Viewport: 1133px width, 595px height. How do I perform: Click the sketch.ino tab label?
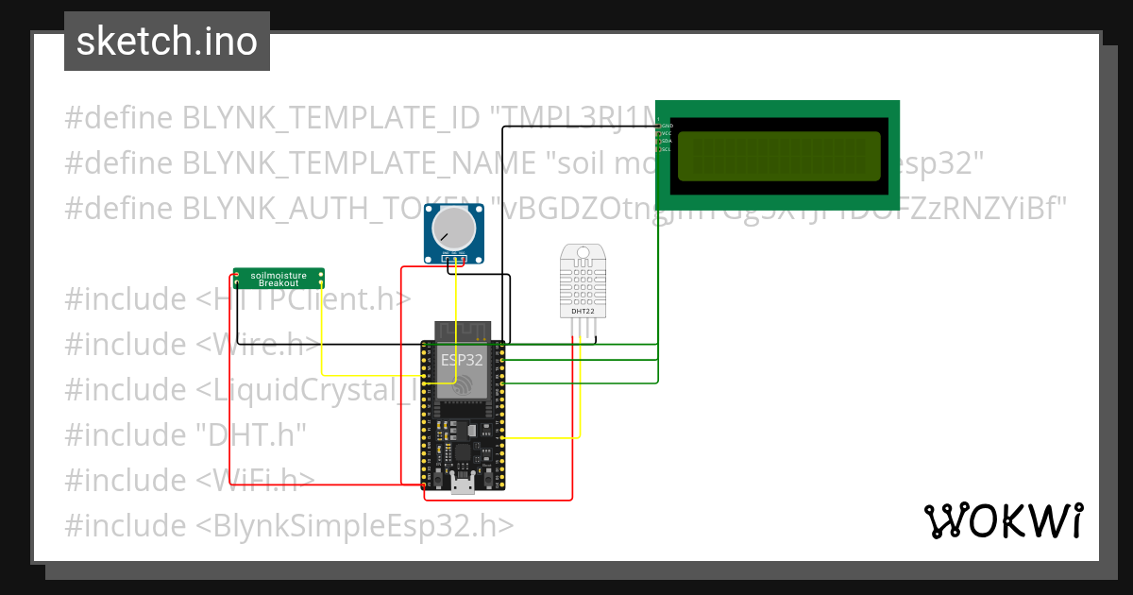coord(167,42)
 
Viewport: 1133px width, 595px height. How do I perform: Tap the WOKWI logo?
coord(1002,520)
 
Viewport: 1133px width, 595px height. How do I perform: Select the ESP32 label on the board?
coord(462,360)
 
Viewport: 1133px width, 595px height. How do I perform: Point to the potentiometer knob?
coord(451,229)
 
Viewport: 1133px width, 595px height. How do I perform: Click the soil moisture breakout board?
coord(279,278)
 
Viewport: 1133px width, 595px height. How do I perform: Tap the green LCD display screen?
coord(778,155)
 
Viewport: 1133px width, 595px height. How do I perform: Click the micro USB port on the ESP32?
coord(463,486)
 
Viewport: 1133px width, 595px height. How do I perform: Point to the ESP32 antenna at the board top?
coord(463,331)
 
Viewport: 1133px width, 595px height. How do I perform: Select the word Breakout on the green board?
coord(279,283)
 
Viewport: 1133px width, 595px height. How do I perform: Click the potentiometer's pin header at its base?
coord(455,260)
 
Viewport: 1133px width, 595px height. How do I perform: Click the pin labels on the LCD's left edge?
coord(667,137)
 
